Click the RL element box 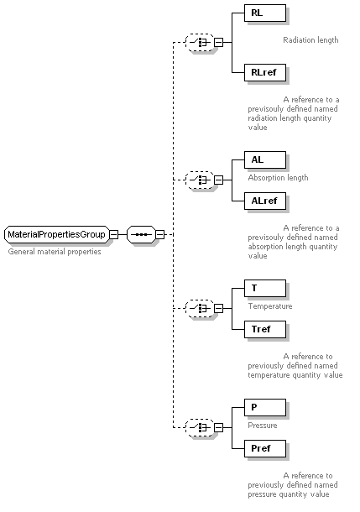tap(265, 13)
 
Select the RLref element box tap(265, 72)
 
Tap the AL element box tap(265, 159)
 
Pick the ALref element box tap(265, 201)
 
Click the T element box tap(265, 288)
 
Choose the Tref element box tap(265, 329)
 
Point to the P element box tap(265, 407)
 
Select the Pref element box tap(265, 448)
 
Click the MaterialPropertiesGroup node tap(57, 234)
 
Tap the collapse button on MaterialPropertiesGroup tap(113, 234)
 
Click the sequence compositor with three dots tap(141, 234)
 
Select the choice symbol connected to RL tap(200, 42)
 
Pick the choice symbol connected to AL tap(200, 180)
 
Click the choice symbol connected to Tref tap(200, 308)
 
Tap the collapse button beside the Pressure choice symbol tap(219, 427)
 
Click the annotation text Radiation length tap(310, 40)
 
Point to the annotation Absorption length tap(278, 178)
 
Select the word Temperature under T tap(270, 306)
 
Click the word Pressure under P tap(263, 426)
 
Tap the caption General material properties tap(55, 252)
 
